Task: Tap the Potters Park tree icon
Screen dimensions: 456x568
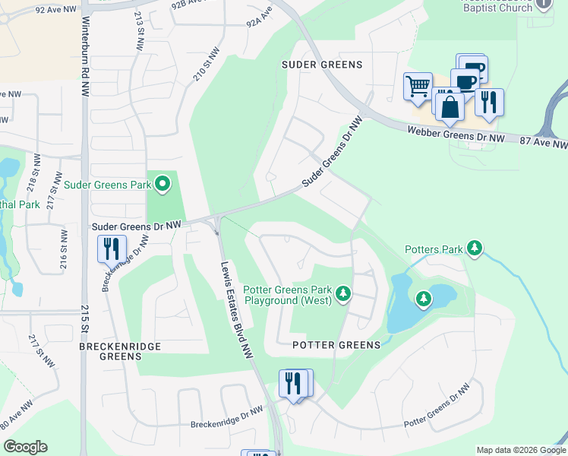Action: pyautogui.click(x=475, y=249)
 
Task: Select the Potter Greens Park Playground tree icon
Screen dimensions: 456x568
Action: pyautogui.click(x=343, y=293)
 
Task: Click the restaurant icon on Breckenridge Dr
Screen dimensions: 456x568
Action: pyautogui.click(x=112, y=248)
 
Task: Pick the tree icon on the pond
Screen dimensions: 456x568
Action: pyautogui.click(x=423, y=299)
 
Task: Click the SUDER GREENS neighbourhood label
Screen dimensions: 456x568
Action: pyautogui.click(x=322, y=65)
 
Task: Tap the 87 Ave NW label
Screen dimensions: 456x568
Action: pyautogui.click(x=543, y=143)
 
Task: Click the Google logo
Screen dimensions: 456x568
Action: pyautogui.click(x=25, y=447)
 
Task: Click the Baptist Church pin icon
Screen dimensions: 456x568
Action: pyautogui.click(x=543, y=5)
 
